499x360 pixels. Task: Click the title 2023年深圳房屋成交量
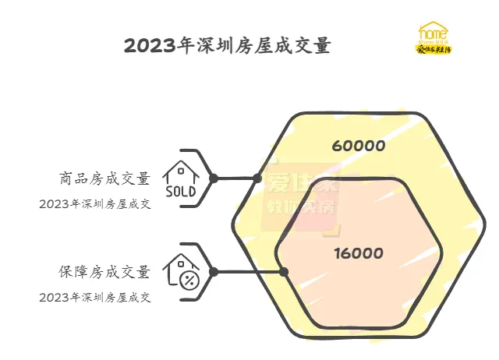pyautogui.click(x=227, y=46)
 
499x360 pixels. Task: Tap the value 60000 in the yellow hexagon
pyautogui.click(x=358, y=146)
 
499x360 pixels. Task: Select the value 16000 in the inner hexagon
pyautogui.click(x=358, y=253)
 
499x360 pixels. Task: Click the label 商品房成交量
pyautogui.click(x=104, y=178)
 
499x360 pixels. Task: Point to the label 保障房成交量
pyautogui.click(x=104, y=272)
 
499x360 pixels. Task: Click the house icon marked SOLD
pyautogui.click(x=182, y=178)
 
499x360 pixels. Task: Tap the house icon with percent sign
pyautogui.click(x=182, y=270)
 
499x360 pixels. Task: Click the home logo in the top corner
pyautogui.click(x=434, y=38)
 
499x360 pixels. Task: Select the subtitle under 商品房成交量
pyautogui.click(x=94, y=204)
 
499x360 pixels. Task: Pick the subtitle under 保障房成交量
pyautogui.click(x=94, y=297)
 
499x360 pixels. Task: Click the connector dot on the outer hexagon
pyautogui.click(x=257, y=178)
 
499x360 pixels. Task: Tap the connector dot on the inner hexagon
pyautogui.click(x=284, y=271)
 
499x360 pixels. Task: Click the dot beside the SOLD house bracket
pyautogui.click(x=213, y=178)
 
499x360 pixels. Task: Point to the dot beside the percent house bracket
pyautogui.click(x=213, y=271)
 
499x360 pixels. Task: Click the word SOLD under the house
pyautogui.click(x=182, y=191)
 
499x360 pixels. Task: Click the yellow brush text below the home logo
pyautogui.click(x=434, y=49)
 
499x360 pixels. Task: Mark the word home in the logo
pyautogui.click(x=434, y=34)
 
